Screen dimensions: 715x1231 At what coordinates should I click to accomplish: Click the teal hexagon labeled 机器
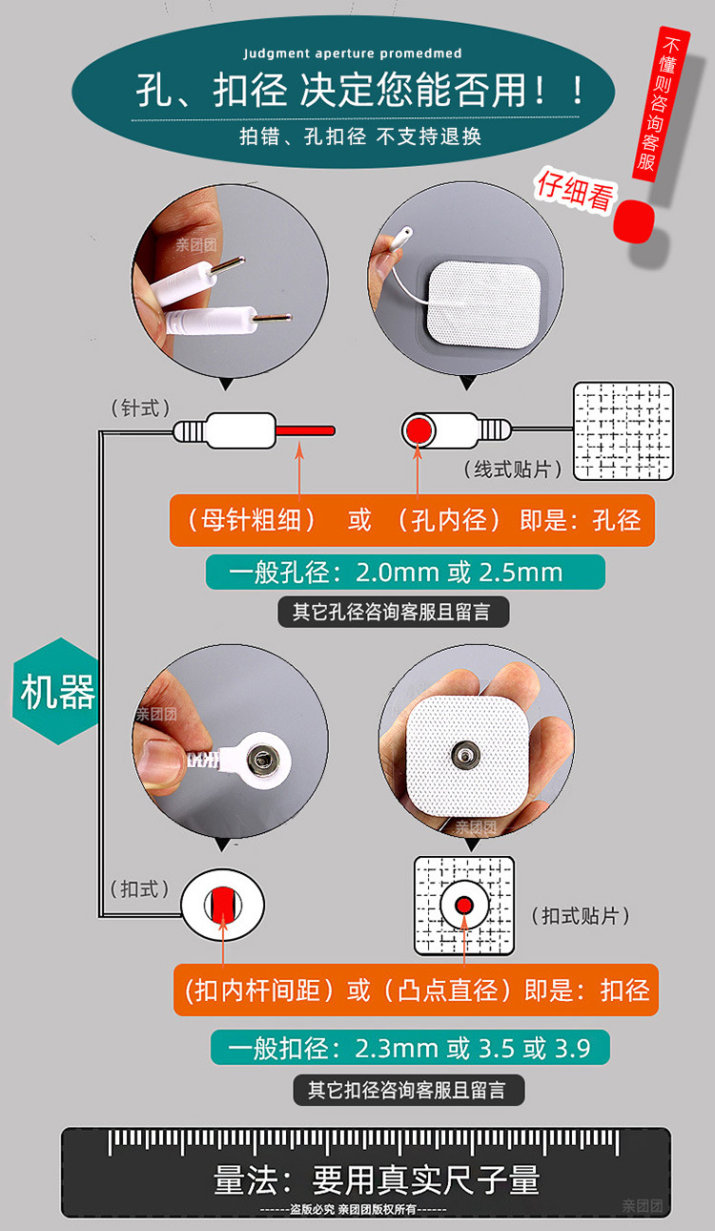point(55,691)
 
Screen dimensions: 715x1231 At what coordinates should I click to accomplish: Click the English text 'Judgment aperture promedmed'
point(353,53)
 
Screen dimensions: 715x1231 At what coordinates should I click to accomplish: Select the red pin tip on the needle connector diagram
point(305,430)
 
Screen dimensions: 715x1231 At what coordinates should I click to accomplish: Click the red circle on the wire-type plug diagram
point(419,429)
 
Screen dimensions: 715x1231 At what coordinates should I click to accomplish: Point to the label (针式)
point(140,408)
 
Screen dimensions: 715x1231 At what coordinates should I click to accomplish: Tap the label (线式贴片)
point(512,469)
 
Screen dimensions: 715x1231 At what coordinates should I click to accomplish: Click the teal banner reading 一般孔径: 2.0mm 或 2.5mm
point(405,573)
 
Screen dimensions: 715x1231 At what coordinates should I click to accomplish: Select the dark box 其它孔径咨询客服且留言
point(393,612)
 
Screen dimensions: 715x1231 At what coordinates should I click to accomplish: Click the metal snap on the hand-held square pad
point(465,755)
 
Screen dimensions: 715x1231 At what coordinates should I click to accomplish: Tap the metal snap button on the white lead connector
point(262,759)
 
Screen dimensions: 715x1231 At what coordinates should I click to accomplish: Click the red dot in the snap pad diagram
point(464,905)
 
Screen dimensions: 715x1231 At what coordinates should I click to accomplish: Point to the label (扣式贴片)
point(580,915)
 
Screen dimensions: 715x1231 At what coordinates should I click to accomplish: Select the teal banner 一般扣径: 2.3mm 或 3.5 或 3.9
point(410,1048)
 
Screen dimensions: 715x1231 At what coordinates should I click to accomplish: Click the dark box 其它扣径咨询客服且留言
point(409,1091)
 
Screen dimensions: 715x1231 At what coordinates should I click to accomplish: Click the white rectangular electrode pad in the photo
point(484,303)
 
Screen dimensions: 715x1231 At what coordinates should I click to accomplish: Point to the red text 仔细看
point(576,191)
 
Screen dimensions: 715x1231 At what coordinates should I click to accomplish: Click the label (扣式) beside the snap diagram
point(139,889)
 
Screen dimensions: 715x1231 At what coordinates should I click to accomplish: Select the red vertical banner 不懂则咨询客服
point(660,103)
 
